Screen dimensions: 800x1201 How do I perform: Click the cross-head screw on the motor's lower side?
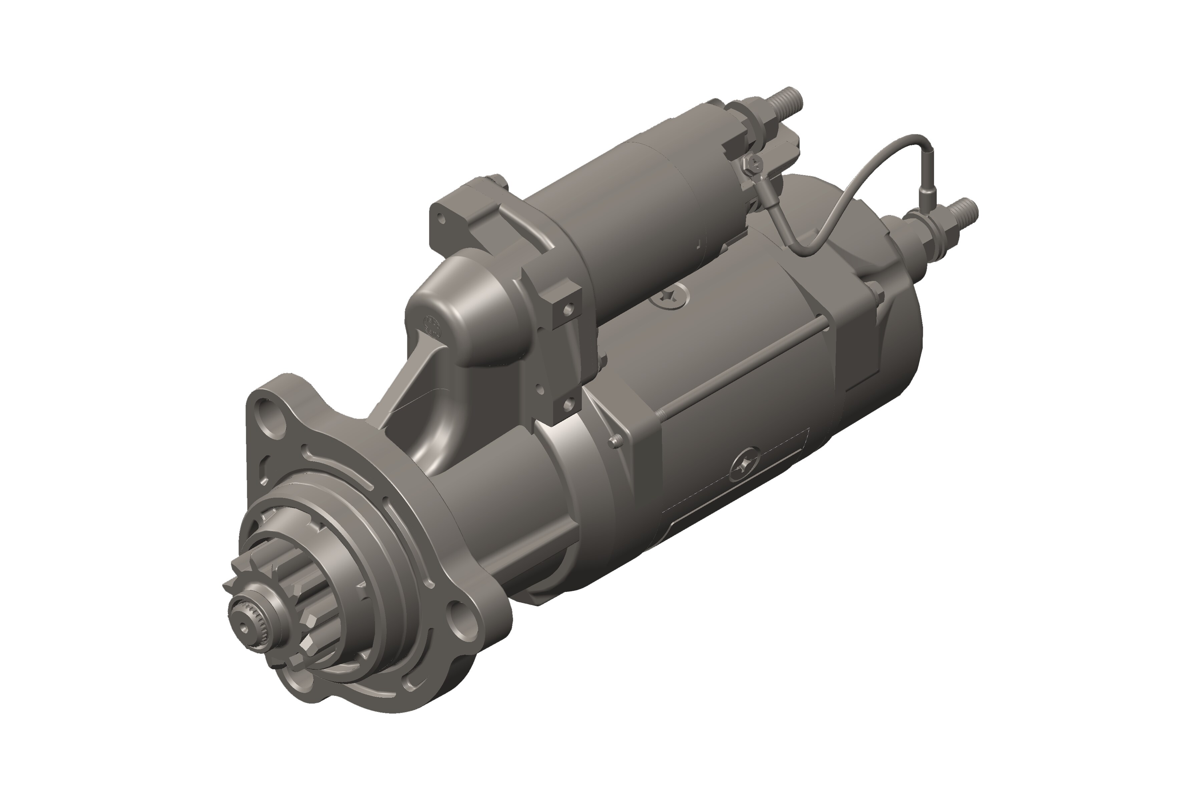745,465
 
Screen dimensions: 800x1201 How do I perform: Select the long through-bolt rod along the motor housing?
740,372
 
